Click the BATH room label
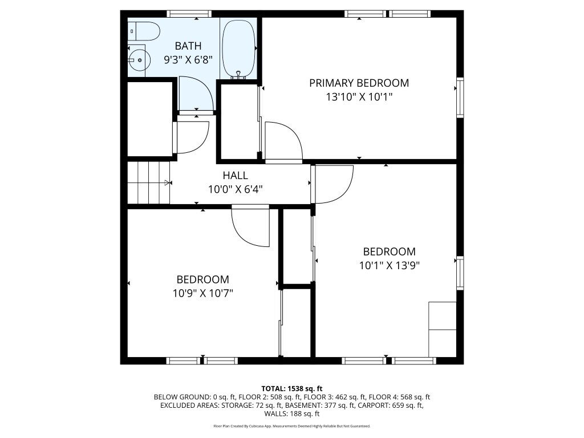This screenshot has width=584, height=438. pyautogui.click(x=188, y=46)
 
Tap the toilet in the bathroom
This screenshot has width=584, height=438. pyautogui.click(x=144, y=31)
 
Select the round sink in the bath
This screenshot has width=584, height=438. pyautogui.click(x=139, y=60)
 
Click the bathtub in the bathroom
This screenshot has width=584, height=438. pyautogui.click(x=239, y=49)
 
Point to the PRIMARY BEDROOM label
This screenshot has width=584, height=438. pyautogui.click(x=359, y=83)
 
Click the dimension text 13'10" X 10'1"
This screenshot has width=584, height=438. pyautogui.click(x=359, y=97)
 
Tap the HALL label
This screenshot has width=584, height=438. pyautogui.click(x=236, y=175)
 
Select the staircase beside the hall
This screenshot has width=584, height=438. pyautogui.click(x=149, y=182)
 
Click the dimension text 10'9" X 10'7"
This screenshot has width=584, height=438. pyautogui.click(x=202, y=294)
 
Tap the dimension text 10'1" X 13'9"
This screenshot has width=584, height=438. pyautogui.click(x=389, y=266)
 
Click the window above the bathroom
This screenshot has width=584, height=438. pyautogui.click(x=189, y=14)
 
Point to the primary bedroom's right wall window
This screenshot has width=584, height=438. pyautogui.click(x=460, y=98)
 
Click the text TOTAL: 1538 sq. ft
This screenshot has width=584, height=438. pyautogui.click(x=291, y=389)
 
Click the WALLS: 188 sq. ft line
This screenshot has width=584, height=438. pyautogui.click(x=291, y=413)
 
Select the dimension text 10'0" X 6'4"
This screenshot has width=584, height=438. pyautogui.click(x=236, y=189)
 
